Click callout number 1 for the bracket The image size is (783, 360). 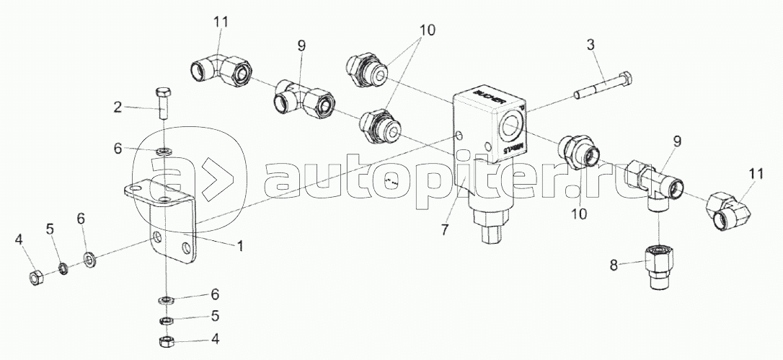(x=240, y=245)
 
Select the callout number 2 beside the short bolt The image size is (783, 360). (x=116, y=107)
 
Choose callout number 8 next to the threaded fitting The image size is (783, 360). (x=614, y=264)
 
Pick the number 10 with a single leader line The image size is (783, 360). (x=578, y=214)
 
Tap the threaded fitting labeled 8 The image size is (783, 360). (x=658, y=267)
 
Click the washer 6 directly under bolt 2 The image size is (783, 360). (x=164, y=152)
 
